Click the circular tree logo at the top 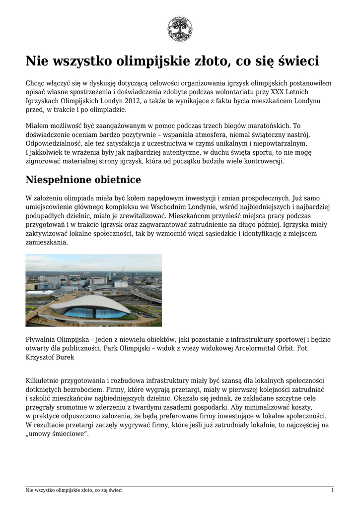180,29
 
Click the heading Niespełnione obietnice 83,179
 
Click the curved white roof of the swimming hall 89,302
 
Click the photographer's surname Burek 65,357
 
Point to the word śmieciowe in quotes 70,434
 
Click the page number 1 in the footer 332,490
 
